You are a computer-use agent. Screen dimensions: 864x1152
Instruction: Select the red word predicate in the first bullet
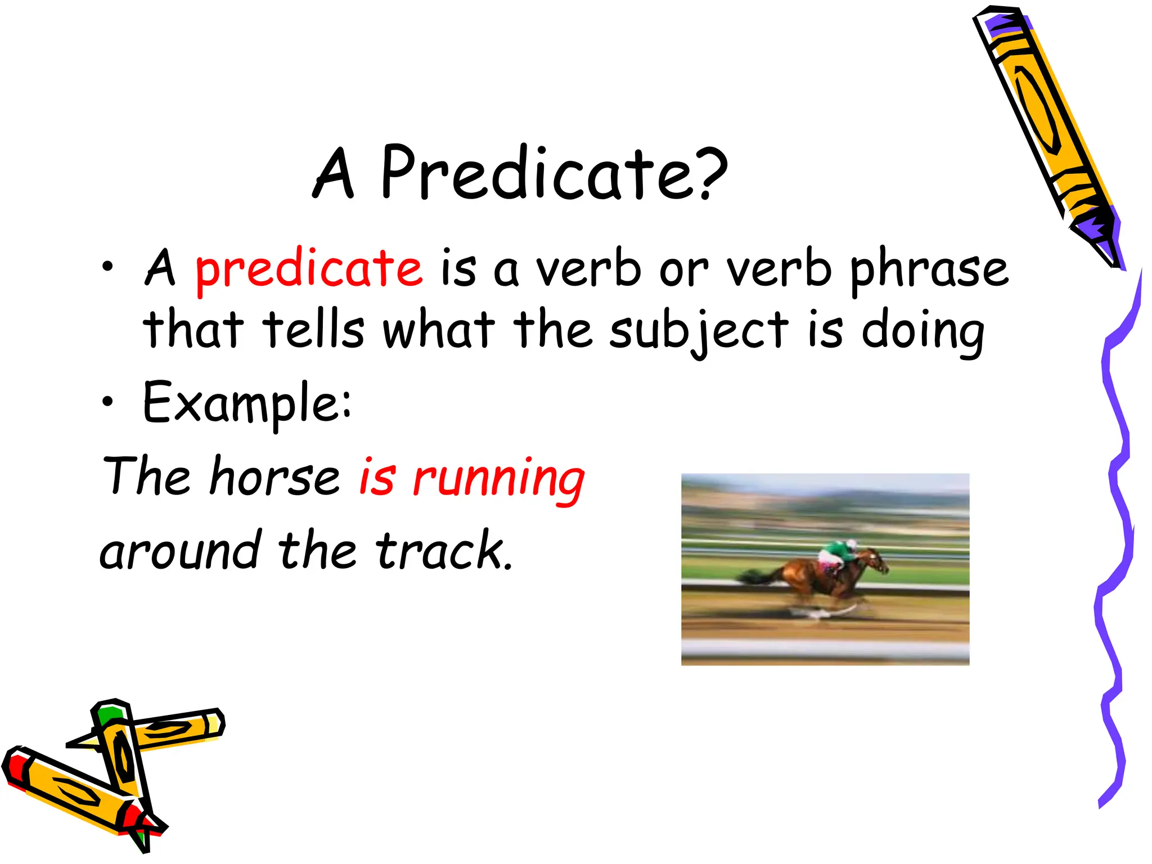point(308,269)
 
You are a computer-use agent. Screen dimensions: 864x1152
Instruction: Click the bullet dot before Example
point(107,402)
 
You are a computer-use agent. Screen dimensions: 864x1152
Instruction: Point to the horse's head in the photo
point(877,560)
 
